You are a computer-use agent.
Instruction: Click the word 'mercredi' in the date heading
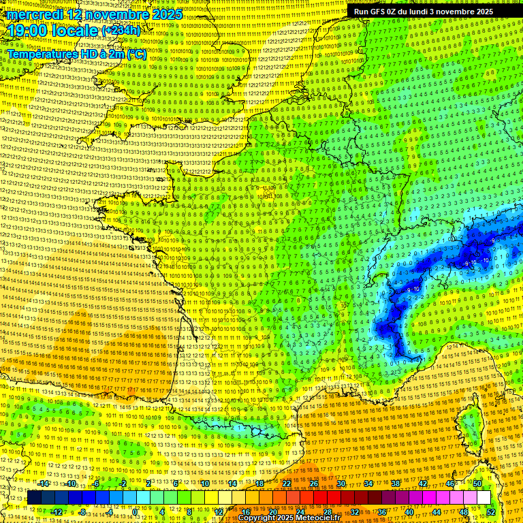pyautogui.click(x=39, y=14)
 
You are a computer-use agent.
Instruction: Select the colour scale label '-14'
pyautogui.click(x=43, y=484)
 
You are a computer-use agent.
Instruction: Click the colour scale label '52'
pyautogui.click(x=491, y=512)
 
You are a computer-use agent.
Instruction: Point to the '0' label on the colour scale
pyautogui.click(x=135, y=512)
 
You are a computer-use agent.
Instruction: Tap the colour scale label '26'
pyautogui.click(x=314, y=484)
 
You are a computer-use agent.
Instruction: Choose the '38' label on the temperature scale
pyautogui.click(x=395, y=484)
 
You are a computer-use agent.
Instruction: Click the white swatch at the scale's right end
pyautogui.click(x=484, y=498)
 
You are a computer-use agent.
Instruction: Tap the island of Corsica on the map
pyautogui.click(x=469, y=422)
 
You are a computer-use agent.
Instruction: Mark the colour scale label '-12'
pyautogui.click(x=57, y=512)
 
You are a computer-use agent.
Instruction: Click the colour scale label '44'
pyautogui.click(x=436, y=512)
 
